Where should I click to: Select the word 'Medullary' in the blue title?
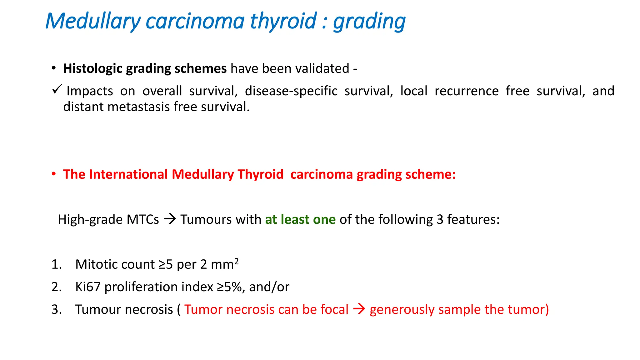click(93, 21)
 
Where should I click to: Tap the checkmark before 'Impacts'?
click(57, 89)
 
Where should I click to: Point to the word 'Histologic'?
click(92, 68)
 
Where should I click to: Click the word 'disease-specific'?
click(291, 91)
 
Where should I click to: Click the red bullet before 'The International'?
click(54, 174)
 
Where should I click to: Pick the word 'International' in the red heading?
click(128, 174)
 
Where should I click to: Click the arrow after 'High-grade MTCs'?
click(170, 219)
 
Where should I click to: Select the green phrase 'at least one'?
click(300, 219)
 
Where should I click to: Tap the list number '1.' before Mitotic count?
click(56, 264)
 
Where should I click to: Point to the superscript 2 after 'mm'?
click(237, 261)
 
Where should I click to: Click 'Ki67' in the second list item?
click(88, 287)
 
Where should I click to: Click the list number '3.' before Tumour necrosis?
click(56, 309)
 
